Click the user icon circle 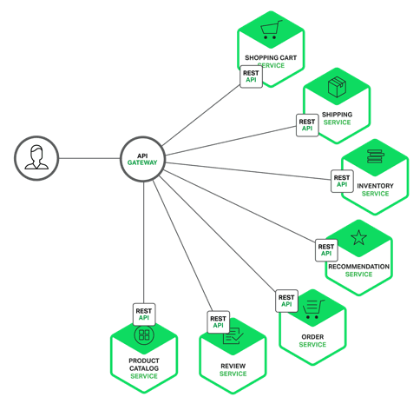click(36, 159)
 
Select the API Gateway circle click(142, 159)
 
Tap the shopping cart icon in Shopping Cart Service click(272, 31)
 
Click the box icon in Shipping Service click(337, 87)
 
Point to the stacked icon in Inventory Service click(375, 157)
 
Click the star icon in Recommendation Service click(358, 237)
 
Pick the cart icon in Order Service click(313, 308)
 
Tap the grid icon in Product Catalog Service click(144, 335)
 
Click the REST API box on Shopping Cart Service click(251, 76)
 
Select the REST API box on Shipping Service click(306, 125)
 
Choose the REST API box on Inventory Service click(342, 181)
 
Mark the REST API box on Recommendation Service click(326, 250)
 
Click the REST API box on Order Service click(286, 301)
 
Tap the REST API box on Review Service click(218, 322)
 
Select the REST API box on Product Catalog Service click(144, 314)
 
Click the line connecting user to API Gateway click(89, 159)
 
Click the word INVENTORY click(375, 186)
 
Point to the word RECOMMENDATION click(358, 267)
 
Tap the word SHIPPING click(337, 115)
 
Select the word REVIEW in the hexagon click(233, 366)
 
